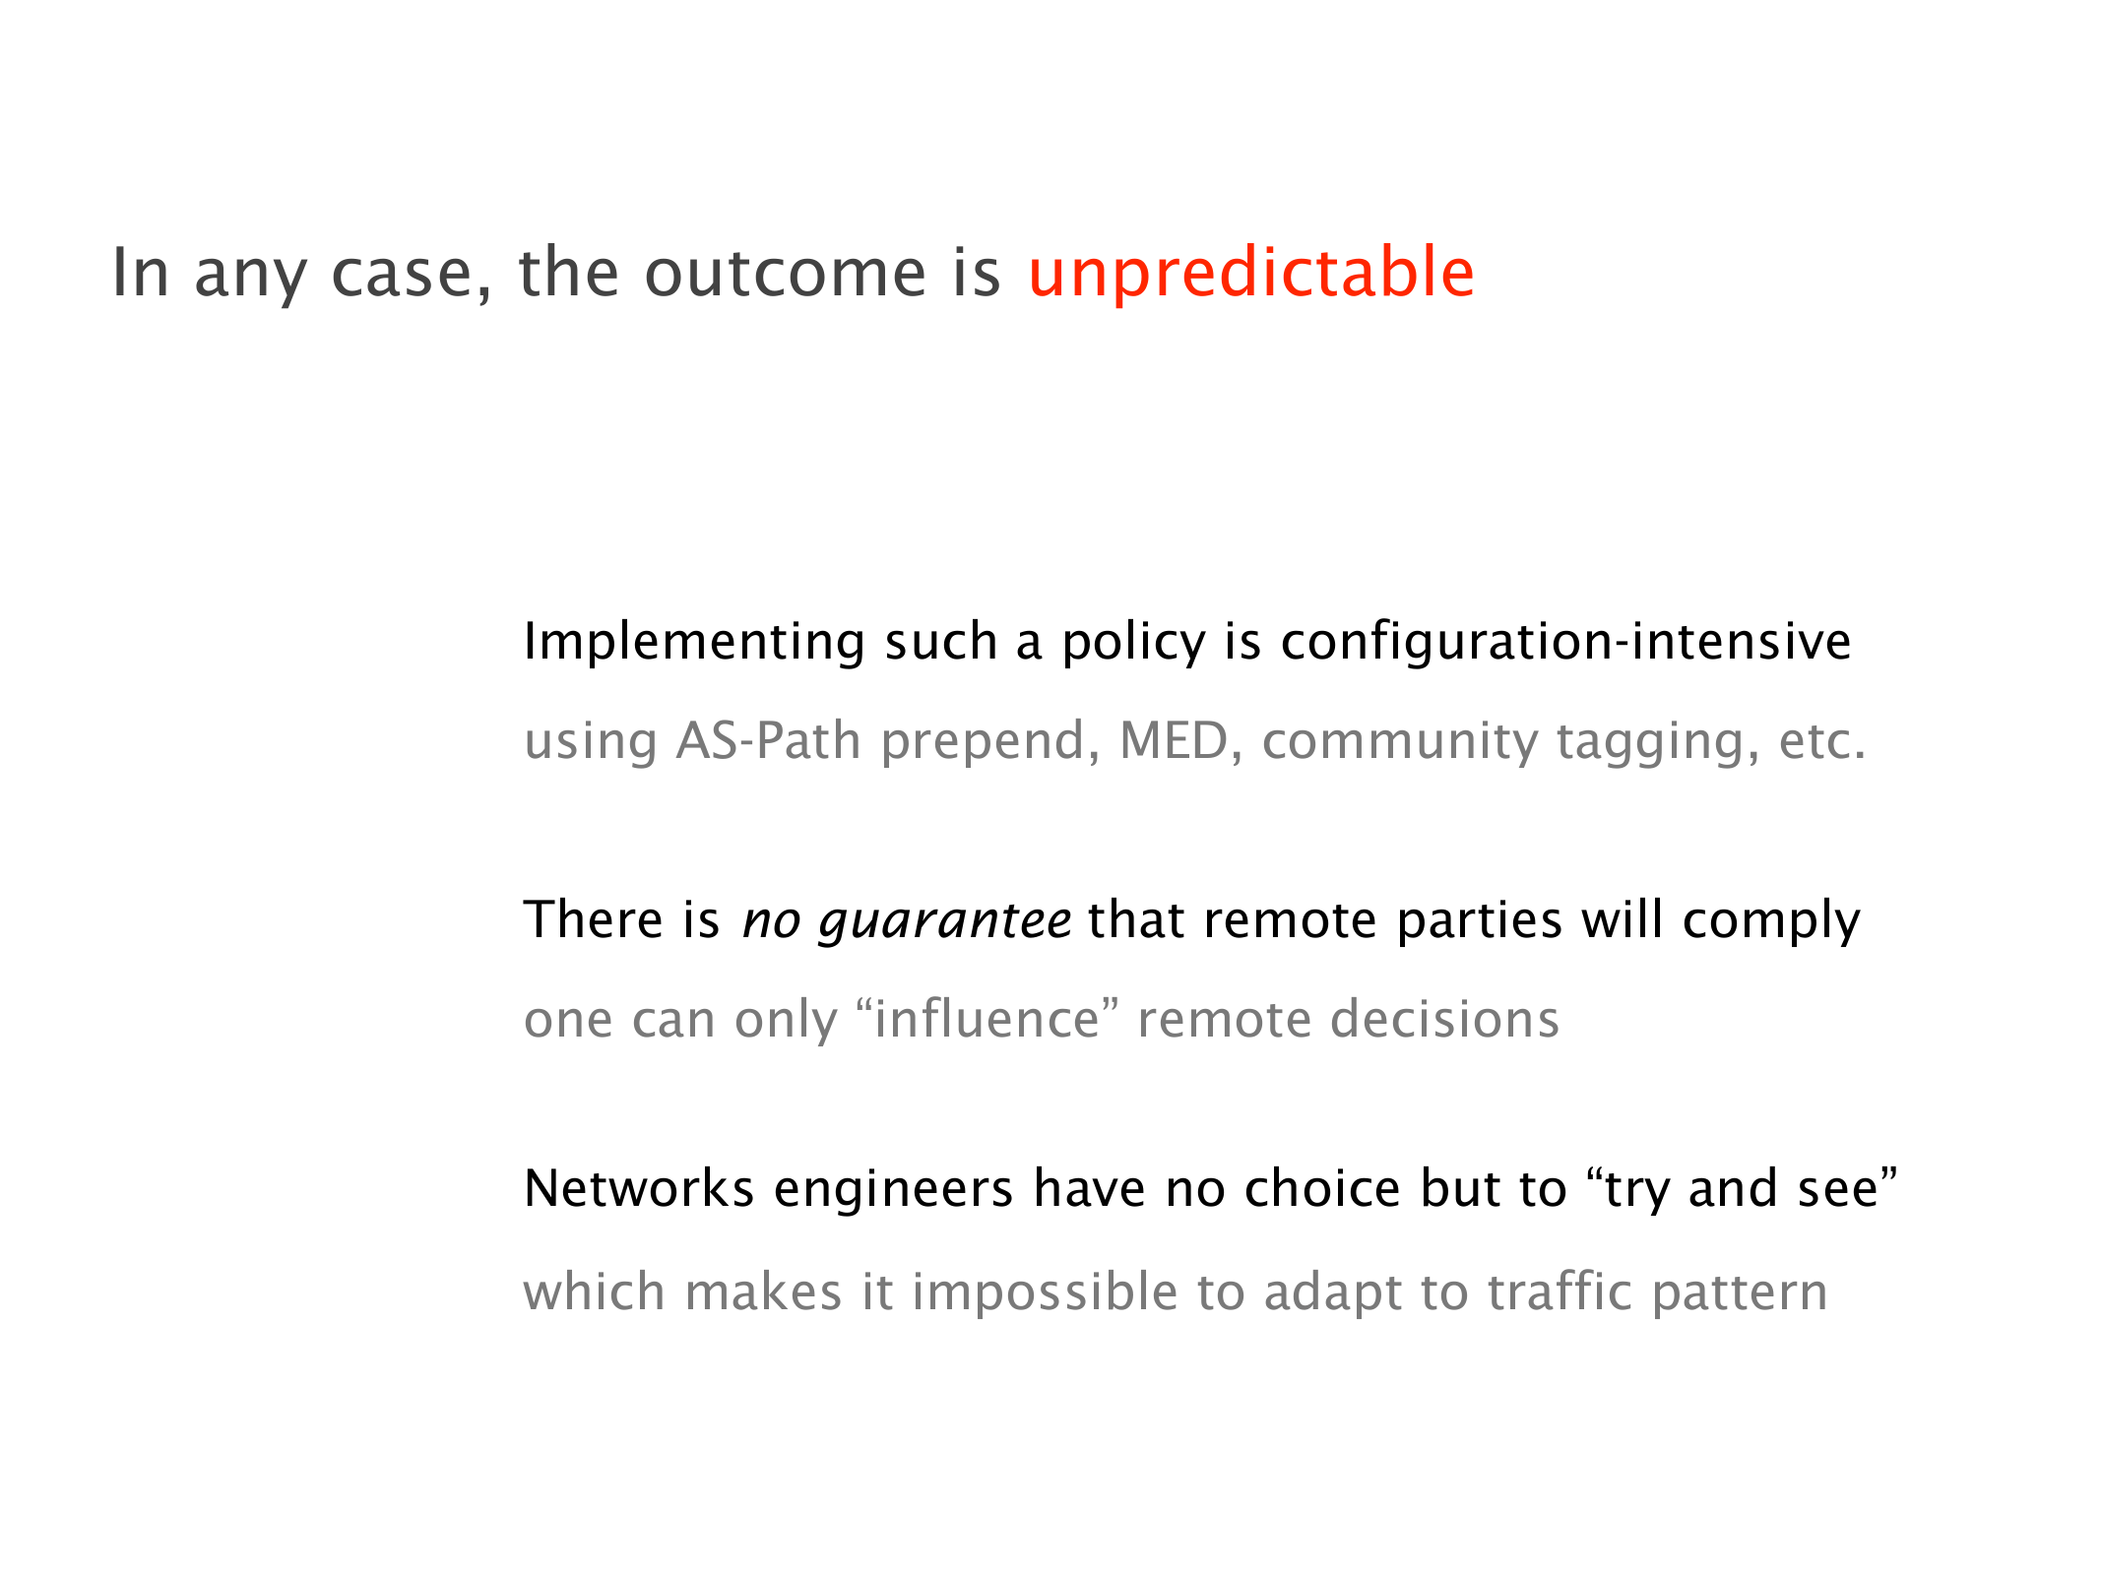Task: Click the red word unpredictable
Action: (1250, 273)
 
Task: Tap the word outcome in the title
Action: (785, 273)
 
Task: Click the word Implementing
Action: (694, 643)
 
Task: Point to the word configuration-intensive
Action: (1565, 642)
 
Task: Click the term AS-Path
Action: (768, 741)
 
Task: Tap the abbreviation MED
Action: (1174, 741)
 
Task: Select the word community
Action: (1399, 743)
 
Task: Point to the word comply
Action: (1771, 922)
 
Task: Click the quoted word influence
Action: (986, 1020)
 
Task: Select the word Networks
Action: (639, 1188)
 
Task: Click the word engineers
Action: (893, 1190)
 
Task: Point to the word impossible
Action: (1045, 1293)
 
